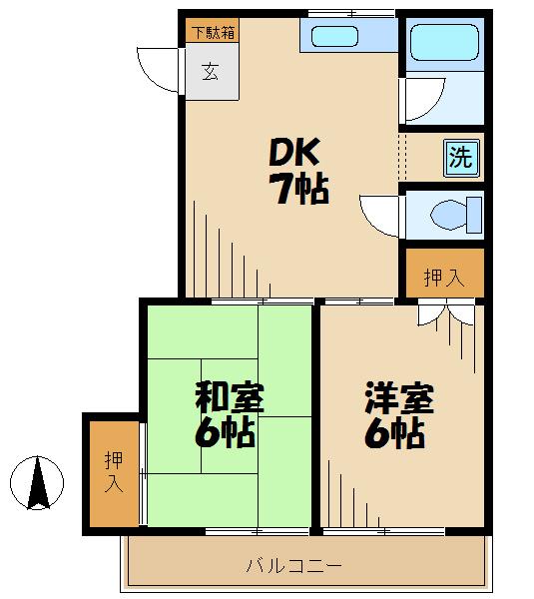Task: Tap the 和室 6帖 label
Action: pyautogui.click(x=229, y=415)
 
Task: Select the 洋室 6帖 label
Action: pyautogui.click(x=397, y=415)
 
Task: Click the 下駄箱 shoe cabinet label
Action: pyautogui.click(x=211, y=31)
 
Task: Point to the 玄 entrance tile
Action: pyautogui.click(x=211, y=71)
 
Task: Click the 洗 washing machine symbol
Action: pyautogui.click(x=460, y=157)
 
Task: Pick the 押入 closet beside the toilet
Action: pyautogui.click(x=443, y=277)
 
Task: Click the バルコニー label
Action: pyautogui.click(x=294, y=566)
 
